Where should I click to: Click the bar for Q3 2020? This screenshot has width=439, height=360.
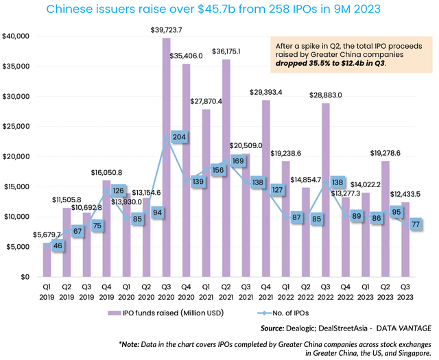(167, 158)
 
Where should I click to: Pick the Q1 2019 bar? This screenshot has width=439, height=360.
(47, 260)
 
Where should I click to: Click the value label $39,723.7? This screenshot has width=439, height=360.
(167, 32)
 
